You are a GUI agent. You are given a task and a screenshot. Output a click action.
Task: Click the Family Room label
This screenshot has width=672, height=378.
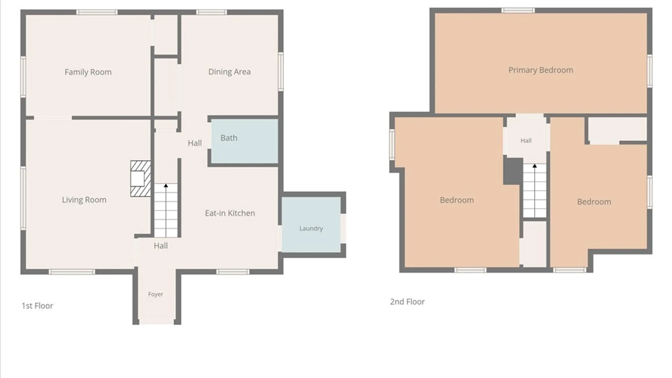[x=88, y=72]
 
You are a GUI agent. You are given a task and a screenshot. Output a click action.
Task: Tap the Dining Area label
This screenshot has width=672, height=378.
[x=230, y=72]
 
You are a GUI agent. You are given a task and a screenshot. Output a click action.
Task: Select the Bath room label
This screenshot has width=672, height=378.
[x=229, y=138]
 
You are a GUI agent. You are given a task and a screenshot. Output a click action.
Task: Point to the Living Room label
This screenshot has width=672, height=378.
[x=84, y=200]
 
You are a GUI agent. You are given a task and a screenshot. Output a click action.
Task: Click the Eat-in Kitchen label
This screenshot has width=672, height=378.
[x=230, y=213]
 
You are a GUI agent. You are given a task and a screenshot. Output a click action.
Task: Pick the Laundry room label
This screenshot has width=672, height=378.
[x=311, y=229]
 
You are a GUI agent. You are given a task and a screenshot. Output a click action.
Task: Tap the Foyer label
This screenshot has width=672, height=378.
[x=155, y=294]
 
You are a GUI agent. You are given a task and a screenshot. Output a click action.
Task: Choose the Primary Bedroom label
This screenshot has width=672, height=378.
[x=541, y=70]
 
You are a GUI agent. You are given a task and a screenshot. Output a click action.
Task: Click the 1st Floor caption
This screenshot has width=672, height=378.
[x=37, y=306]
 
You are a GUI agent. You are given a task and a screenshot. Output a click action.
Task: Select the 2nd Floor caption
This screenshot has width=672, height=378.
[x=407, y=302]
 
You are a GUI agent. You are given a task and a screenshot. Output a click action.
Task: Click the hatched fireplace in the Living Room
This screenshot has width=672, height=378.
[x=141, y=178]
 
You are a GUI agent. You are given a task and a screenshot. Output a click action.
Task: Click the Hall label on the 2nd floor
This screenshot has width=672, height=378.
[x=526, y=141]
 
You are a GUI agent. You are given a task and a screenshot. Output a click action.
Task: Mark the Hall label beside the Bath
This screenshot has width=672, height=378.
[x=195, y=143]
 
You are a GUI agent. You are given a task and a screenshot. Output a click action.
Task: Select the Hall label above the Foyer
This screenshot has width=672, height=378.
[x=161, y=246]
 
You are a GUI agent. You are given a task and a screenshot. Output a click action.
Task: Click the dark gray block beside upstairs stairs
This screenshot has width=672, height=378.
[x=513, y=171]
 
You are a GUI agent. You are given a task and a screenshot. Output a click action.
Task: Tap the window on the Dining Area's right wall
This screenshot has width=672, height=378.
[x=281, y=71]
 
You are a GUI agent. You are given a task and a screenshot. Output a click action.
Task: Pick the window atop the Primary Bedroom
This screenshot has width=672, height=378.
[x=518, y=10]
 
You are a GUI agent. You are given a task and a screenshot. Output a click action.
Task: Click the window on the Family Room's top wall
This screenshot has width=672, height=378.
[x=97, y=12]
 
